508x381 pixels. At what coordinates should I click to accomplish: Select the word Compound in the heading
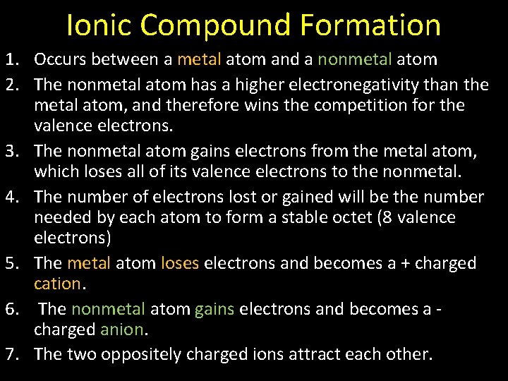(214, 25)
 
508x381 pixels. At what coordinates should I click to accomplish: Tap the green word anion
(122, 329)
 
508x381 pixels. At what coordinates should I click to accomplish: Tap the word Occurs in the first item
(60, 60)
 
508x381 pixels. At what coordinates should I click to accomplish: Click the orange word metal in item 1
(199, 60)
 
